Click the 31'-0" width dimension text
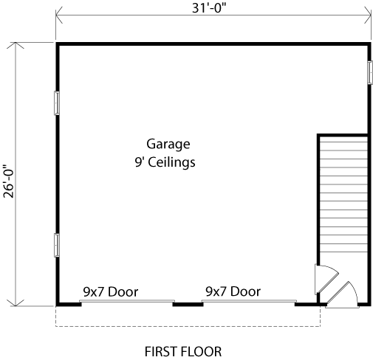209,8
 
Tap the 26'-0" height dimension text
9,181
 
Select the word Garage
168,145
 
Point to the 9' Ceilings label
165,162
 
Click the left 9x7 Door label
111,292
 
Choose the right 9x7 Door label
233,291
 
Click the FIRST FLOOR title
183,352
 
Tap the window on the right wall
370,72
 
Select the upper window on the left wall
57,103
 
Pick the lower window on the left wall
57,245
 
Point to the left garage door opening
127,301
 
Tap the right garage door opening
249,301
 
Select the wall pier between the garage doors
188,305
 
